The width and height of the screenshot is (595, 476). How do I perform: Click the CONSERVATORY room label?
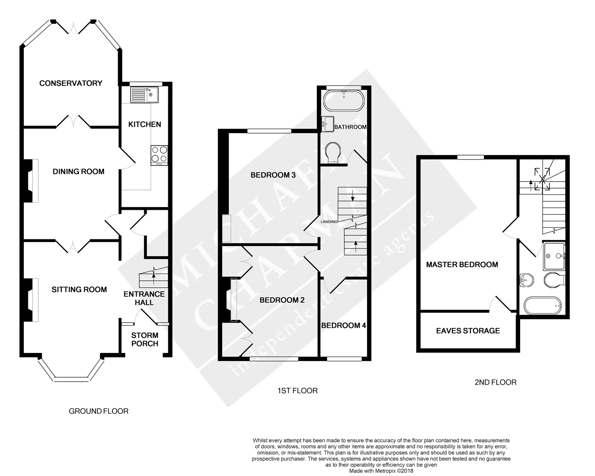click(71, 83)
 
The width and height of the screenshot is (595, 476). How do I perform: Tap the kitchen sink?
click(143, 94)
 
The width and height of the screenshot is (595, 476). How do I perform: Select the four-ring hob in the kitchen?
click(159, 154)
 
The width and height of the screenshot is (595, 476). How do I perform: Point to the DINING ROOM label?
click(78, 171)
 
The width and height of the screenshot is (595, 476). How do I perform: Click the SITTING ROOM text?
click(79, 290)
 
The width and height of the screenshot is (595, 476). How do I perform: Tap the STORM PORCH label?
click(145, 339)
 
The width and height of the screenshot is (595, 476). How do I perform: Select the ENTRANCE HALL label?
click(144, 298)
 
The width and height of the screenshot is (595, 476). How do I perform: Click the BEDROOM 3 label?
click(273, 175)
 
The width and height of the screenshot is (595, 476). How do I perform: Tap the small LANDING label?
click(329, 222)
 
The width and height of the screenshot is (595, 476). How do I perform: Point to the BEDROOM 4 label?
click(343, 326)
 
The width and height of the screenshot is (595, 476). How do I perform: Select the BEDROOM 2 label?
click(282, 300)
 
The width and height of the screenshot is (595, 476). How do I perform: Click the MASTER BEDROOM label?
click(462, 264)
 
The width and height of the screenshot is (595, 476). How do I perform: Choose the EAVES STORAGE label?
click(468, 331)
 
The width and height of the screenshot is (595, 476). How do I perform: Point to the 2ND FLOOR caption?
click(495, 382)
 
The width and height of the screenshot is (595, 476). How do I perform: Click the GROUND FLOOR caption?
click(99, 411)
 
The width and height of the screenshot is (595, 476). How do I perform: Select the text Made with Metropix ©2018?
click(381, 471)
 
